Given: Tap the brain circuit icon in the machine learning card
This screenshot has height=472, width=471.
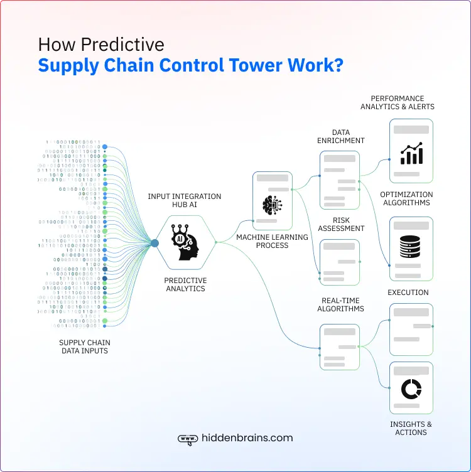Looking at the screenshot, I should pos(272,205).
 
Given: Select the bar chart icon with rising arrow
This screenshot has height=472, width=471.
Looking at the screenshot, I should pos(411,153).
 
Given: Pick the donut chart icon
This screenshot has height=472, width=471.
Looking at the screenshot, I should pos(411,389).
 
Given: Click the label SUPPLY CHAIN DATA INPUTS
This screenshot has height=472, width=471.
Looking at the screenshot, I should pos(84,346).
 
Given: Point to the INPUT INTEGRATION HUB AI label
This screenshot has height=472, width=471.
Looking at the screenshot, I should pos(185,201).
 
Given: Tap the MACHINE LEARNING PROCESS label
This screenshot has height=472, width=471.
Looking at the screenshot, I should pos(272,241).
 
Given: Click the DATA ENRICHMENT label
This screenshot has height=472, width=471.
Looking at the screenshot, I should pos(340,137).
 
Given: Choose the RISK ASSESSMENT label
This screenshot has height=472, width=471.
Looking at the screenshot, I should pos(340,225).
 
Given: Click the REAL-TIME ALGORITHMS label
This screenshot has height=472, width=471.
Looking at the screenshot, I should pos(340,304).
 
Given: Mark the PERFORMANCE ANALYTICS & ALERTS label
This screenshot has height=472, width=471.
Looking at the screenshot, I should pos(397,102).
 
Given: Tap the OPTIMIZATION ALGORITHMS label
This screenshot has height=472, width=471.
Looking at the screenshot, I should pos(406,198).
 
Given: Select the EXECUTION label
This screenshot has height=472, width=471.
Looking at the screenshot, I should pos(408,292).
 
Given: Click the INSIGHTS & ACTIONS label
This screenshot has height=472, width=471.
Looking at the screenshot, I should pos(411,428).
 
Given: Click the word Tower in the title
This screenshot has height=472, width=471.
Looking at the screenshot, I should pos(256,66).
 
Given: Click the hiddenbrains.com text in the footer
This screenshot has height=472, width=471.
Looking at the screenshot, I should pos(247,438).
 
